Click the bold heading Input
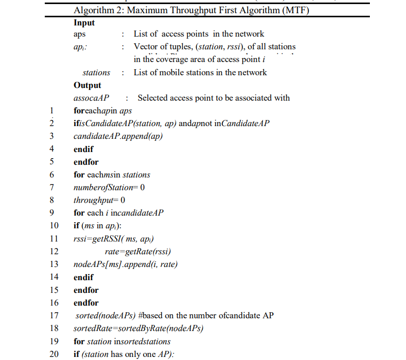click(84, 23)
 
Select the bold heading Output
click(87, 85)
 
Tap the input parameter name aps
click(79, 34)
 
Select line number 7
click(51, 188)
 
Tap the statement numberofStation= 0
click(109, 188)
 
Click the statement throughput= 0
click(99, 200)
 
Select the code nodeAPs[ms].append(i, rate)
click(126, 264)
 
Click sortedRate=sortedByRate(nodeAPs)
click(138, 328)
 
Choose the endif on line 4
click(83, 149)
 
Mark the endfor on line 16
click(86, 303)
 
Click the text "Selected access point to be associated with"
click(214, 98)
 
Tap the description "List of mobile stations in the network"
click(200, 73)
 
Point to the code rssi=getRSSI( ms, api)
click(114, 239)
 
